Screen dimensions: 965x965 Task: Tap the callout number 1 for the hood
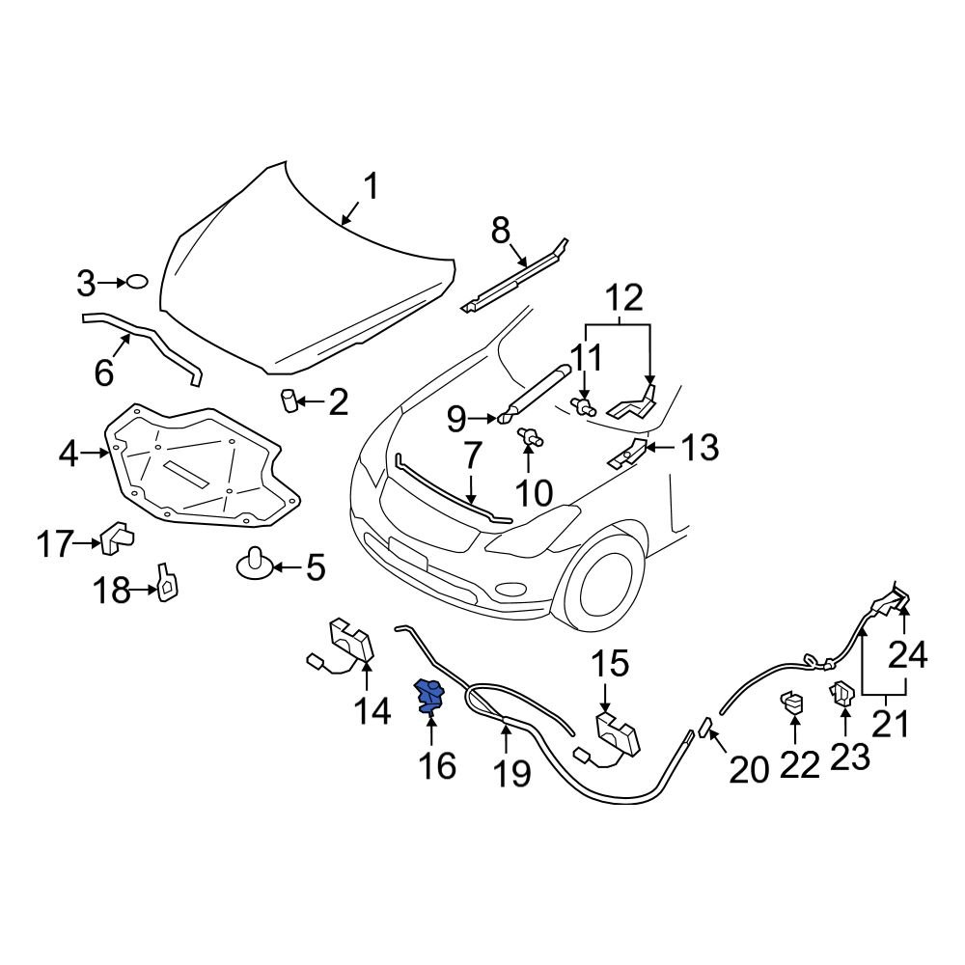371,185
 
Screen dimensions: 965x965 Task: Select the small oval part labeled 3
137,282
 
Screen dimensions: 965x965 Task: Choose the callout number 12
624,297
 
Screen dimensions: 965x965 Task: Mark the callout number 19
512,771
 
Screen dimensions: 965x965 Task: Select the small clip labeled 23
841,695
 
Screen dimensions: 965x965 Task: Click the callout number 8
500,231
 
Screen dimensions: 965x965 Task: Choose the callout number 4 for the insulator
68,453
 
